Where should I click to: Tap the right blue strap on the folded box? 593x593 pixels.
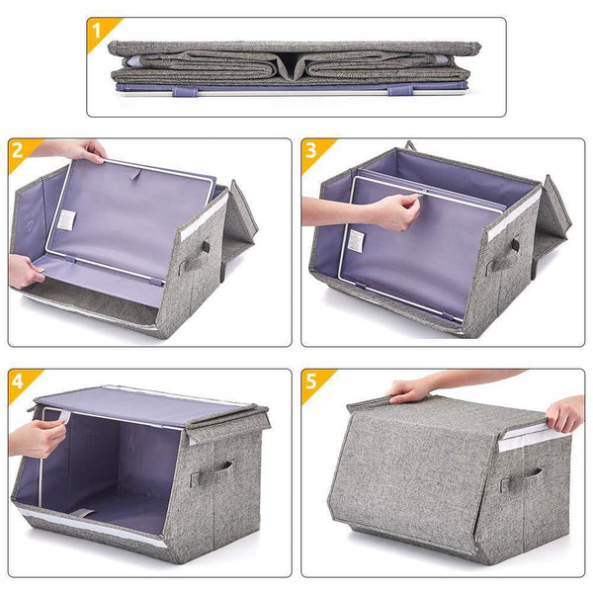(398, 90)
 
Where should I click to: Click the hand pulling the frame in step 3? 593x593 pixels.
(393, 211)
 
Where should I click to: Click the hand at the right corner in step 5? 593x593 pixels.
(565, 412)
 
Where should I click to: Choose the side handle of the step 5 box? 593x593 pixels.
(521, 481)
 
